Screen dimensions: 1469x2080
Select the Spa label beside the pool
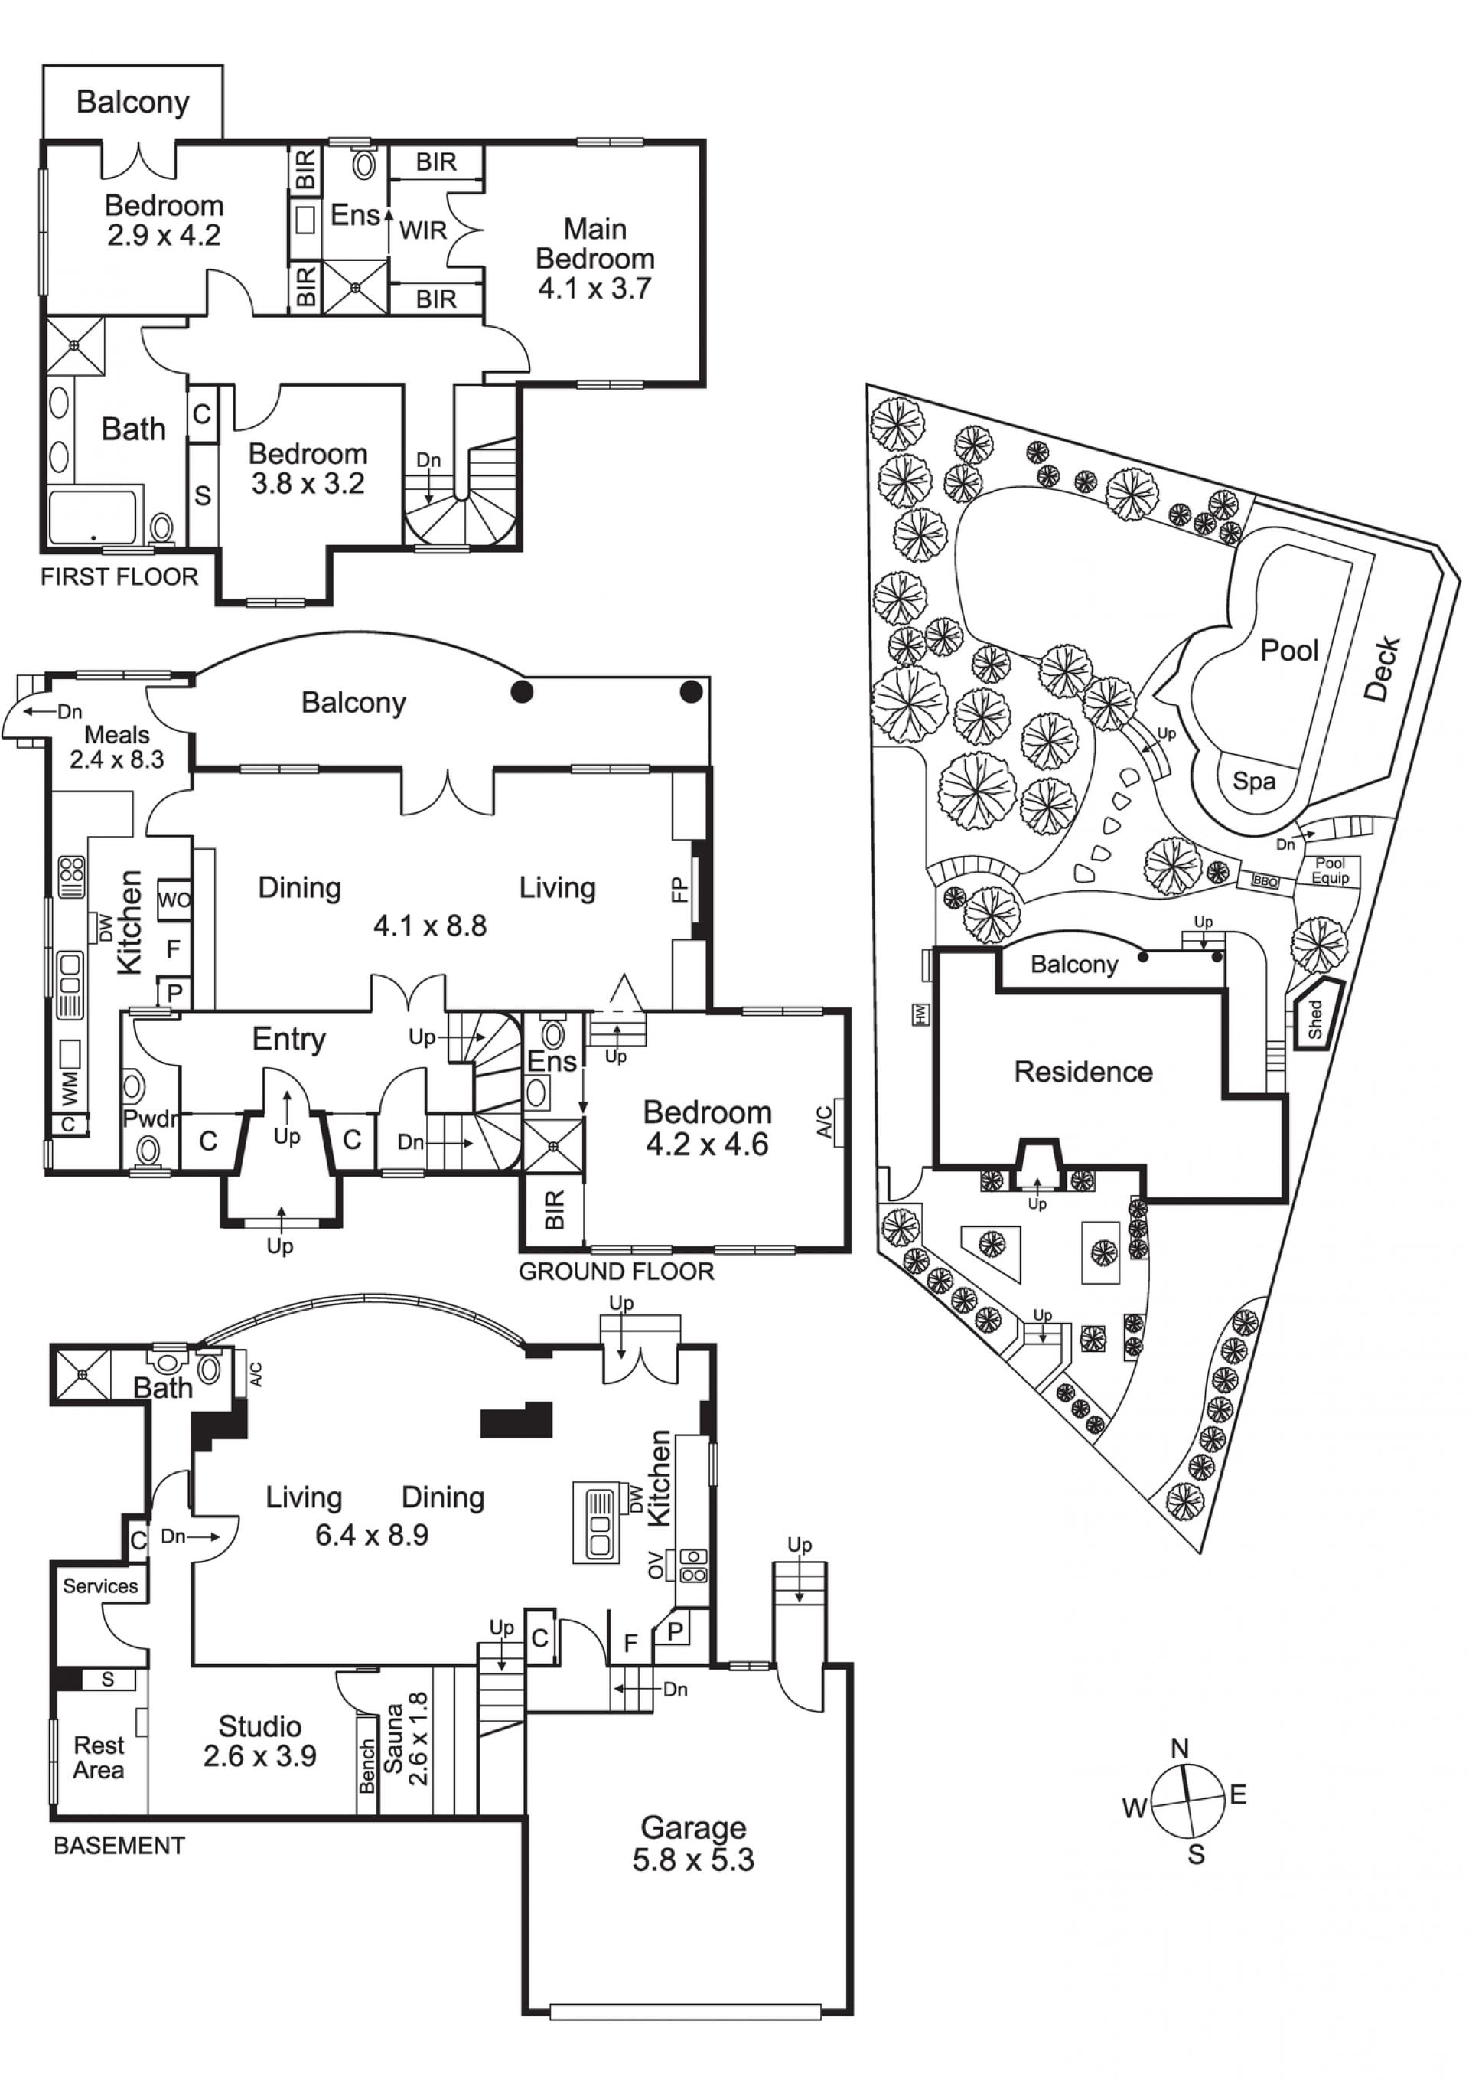point(1253,781)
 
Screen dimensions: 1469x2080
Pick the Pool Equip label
point(1331,870)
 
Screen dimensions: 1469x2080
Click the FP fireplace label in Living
point(680,890)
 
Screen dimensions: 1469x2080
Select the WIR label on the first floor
point(423,230)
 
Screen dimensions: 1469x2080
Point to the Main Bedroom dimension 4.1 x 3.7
point(595,288)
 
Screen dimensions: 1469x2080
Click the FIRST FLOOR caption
point(119,577)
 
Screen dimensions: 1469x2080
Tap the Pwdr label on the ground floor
point(150,1118)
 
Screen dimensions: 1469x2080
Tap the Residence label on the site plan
point(1083,1072)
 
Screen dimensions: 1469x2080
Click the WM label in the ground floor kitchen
point(70,1088)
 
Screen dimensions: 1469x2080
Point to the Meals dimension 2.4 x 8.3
point(117,759)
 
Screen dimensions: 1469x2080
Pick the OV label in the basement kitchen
point(656,1566)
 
